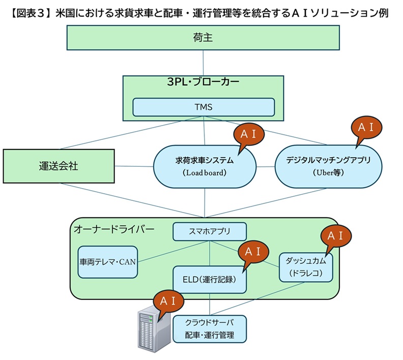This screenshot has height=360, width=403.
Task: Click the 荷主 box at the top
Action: [204, 38]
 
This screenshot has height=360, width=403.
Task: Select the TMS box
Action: [204, 107]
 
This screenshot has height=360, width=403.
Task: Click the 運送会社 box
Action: [59, 166]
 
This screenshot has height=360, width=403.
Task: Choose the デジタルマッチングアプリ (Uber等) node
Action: [328, 166]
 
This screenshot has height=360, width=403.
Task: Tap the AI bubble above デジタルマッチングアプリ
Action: [366, 127]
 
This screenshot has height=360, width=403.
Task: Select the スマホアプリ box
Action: [210, 232]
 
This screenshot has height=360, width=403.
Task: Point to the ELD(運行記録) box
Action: [210, 279]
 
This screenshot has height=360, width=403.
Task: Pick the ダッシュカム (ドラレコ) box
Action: [306, 267]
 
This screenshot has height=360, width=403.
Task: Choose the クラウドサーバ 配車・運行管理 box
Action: [210, 329]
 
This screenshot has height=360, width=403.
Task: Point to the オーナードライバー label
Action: [114, 230]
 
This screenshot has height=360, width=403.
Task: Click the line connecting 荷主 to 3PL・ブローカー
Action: [204, 63]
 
